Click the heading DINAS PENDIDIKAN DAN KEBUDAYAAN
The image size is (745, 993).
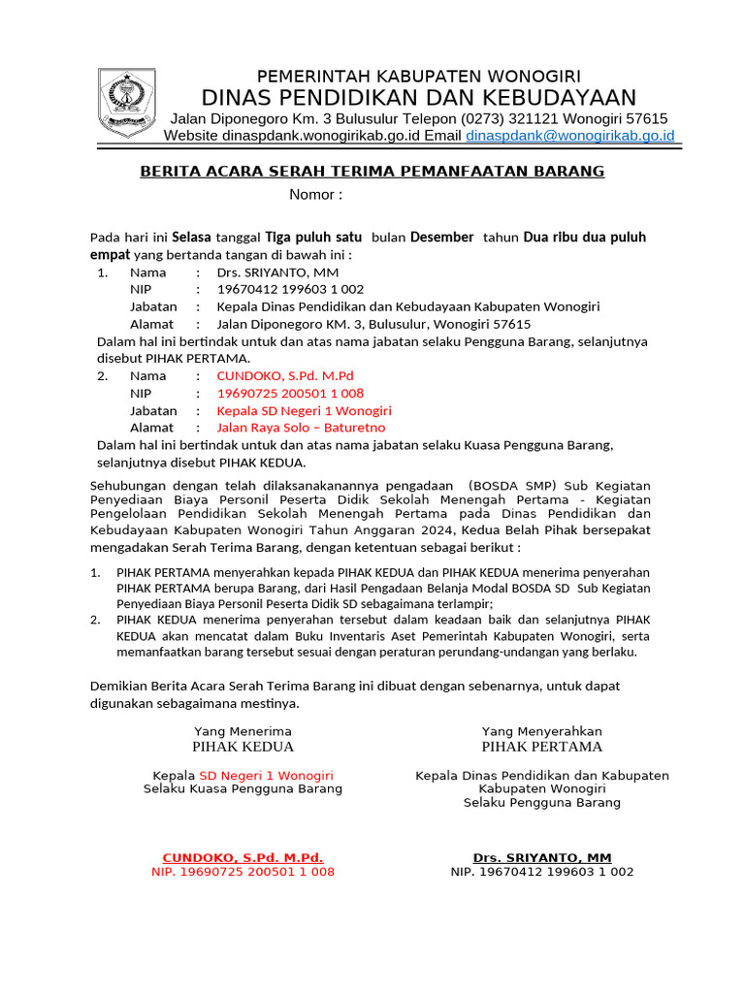point(418,97)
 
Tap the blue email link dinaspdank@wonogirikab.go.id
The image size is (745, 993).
point(569,136)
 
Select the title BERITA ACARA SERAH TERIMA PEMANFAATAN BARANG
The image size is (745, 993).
point(372,172)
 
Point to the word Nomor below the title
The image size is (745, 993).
point(313,195)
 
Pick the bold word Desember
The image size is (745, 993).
point(441,237)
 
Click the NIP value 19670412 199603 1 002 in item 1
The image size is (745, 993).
point(290,289)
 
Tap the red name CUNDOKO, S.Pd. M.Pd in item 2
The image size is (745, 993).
point(285,375)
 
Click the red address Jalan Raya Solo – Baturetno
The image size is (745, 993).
point(301,428)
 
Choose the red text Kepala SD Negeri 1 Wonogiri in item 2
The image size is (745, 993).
point(304,410)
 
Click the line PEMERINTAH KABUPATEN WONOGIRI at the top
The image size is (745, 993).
point(418,76)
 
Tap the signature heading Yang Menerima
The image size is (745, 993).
point(243,730)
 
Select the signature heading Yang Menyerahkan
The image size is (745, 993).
point(541,730)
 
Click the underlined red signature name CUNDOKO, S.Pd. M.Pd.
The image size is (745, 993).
point(243,857)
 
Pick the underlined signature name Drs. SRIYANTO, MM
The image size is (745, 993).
point(541,857)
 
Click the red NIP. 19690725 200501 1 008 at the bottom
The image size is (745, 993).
point(243,872)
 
